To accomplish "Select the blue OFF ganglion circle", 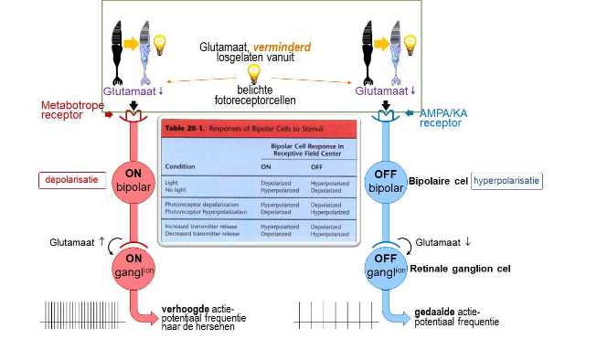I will [383, 266].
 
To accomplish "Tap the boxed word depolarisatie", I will [71, 181].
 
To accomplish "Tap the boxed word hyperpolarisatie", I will [507, 182].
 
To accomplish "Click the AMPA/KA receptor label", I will [444, 117].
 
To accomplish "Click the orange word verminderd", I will [289, 45].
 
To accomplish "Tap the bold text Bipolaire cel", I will [438, 182].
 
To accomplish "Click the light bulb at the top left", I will [161, 44].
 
